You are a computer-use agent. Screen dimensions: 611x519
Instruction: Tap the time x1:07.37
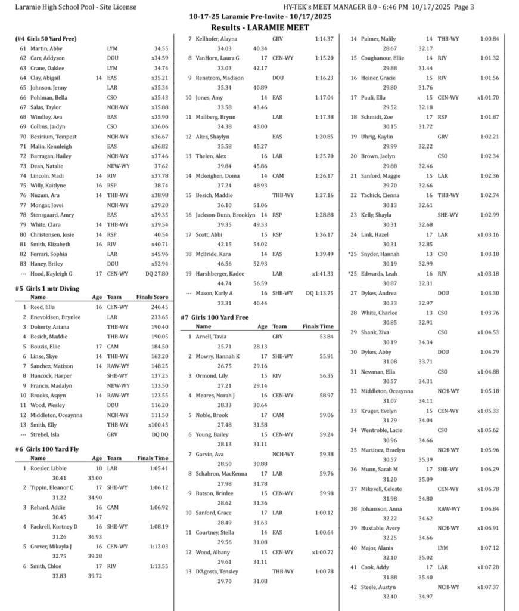point(487,587)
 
